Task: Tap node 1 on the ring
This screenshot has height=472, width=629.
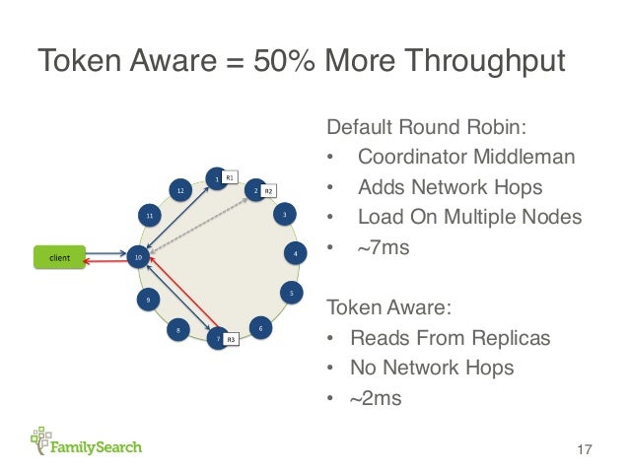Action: (215, 179)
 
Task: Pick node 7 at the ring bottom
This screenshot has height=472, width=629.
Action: (216, 338)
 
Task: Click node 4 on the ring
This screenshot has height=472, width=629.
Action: (294, 253)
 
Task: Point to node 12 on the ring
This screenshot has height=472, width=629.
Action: (179, 189)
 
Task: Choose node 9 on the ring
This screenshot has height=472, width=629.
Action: (147, 299)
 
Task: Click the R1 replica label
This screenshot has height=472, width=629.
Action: (229, 177)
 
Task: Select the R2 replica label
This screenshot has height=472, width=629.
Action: (268, 189)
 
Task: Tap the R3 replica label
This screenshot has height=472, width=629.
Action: (230, 339)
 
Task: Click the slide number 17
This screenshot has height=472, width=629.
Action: (583, 450)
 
